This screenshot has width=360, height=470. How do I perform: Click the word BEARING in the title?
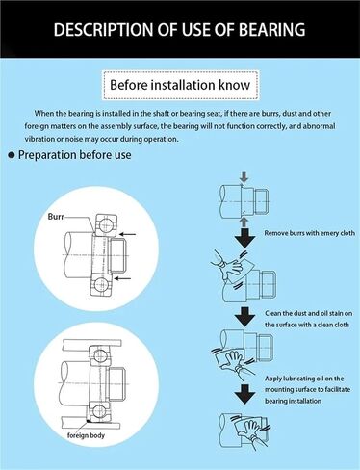(x=272, y=29)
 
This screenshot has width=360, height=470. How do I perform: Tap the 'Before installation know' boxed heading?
(x=180, y=85)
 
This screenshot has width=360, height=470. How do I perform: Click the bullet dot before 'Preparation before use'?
(x=12, y=155)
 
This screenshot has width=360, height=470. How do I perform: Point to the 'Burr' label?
(x=56, y=217)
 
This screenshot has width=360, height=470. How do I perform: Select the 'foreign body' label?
(x=86, y=435)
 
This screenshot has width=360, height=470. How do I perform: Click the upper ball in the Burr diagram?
(x=105, y=225)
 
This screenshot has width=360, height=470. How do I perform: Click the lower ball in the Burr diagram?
(x=101, y=284)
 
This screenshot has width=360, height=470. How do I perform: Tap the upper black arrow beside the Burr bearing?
(x=127, y=234)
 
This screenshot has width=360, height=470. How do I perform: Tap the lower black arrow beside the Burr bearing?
(x=123, y=278)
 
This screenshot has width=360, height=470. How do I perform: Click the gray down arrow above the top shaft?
(x=244, y=177)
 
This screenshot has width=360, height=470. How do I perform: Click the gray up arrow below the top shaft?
(x=244, y=222)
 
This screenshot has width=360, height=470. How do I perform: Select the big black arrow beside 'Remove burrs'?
(x=244, y=238)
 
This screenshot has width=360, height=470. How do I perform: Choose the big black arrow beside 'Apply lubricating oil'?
(x=244, y=394)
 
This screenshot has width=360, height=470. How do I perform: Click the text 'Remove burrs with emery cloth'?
(x=310, y=233)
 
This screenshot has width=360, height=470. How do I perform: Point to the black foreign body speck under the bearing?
(x=89, y=420)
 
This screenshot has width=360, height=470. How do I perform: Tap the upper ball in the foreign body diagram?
(x=101, y=355)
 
